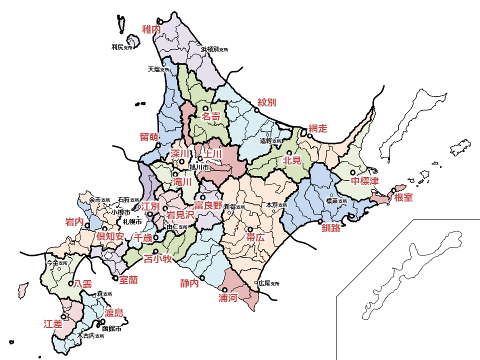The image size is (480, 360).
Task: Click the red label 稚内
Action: [x=151, y=29]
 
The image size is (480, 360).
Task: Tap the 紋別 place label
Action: [x=267, y=102]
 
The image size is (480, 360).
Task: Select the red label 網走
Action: [x=318, y=128]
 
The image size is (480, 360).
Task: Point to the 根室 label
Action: [x=403, y=197]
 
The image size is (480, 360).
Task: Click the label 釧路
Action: [x=331, y=228]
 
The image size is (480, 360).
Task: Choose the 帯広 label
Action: [x=255, y=238]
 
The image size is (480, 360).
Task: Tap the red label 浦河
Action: [x=228, y=298]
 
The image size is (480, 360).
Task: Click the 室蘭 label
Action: [x=128, y=280]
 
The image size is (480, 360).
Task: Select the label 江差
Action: [x=53, y=323]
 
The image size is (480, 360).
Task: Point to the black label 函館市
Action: [x=111, y=329]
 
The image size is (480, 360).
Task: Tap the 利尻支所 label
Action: [x=122, y=47]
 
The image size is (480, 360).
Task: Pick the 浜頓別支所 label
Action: [x=214, y=50]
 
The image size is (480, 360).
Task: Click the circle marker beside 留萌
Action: [x=158, y=146]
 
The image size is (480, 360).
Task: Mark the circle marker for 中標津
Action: [x=352, y=172]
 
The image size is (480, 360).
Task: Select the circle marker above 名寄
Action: [x=205, y=108]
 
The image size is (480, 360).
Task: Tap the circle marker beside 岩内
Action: [x=87, y=225]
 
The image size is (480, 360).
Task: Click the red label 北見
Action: [x=292, y=161]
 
